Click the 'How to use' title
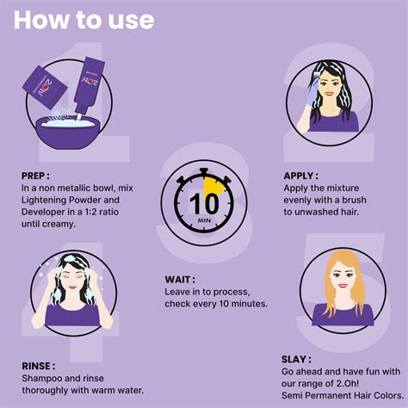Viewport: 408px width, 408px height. pos(84,20)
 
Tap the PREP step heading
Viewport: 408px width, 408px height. pos(35,176)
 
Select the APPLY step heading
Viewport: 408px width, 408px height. pos(300,176)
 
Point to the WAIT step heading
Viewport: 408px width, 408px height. pos(180,280)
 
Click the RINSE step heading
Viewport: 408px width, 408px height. pos(39,366)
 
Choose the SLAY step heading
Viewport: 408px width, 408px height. pos(296,359)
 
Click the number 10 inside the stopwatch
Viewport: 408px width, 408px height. pos(204,204)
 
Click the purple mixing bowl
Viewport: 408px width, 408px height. pos(68,133)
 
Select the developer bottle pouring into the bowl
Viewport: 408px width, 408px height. pos(90,86)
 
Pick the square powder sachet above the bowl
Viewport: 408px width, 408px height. pos(45,87)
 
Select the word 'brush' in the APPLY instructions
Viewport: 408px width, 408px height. pos(354,200)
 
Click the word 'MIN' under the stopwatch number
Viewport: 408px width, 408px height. pos(204,220)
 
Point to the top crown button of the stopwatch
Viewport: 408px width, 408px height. pos(204,172)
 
